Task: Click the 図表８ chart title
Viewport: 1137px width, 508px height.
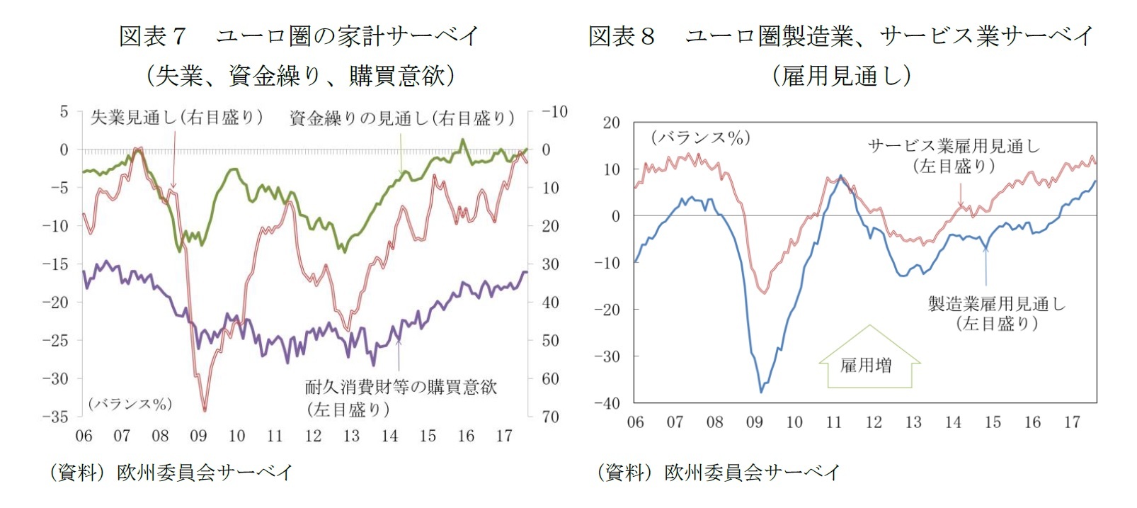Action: coord(840,35)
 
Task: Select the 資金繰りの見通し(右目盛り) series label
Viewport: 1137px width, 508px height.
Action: coord(401,118)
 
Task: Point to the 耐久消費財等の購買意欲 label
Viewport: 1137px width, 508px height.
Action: coord(401,387)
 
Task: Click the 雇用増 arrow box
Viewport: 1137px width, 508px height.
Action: coord(869,364)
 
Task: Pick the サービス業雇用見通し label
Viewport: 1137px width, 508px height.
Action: coord(954,147)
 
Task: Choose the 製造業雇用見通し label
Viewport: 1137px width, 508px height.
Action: coord(996,304)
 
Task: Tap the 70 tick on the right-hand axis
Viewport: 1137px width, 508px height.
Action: coord(550,417)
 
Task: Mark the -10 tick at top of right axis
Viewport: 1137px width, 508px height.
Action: coord(554,112)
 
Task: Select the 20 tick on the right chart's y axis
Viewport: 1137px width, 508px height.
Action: coord(611,123)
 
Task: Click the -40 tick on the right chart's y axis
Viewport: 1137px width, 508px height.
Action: coord(607,403)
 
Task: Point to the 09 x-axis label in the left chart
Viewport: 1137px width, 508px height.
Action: coord(198,436)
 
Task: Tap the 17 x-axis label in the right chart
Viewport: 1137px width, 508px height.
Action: coord(1072,422)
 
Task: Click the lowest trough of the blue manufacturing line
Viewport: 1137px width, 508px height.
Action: coord(761,391)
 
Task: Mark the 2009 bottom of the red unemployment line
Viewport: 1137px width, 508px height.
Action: coord(205,410)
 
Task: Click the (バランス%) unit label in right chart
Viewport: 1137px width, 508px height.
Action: coord(700,137)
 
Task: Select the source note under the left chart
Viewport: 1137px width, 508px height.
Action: coord(170,473)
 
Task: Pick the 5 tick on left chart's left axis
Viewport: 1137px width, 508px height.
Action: coord(64,112)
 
